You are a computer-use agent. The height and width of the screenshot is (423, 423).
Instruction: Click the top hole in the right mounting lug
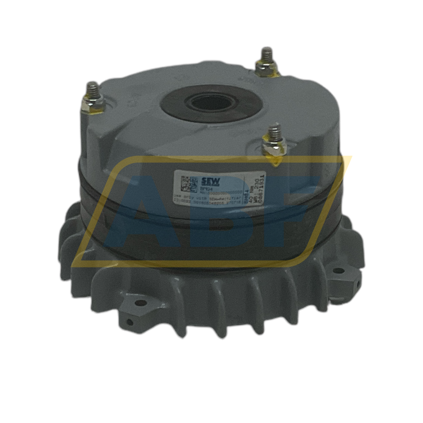click(x=339, y=271)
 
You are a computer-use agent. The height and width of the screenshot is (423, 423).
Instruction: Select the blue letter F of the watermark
click(x=297, y=213)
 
